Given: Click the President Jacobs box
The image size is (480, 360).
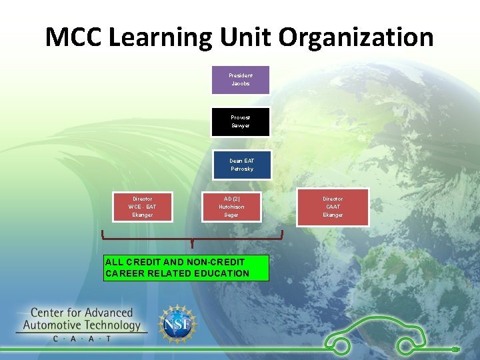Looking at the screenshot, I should pyautogui.click(x=241, y=80).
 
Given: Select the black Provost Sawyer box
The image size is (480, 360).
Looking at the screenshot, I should pyautogui.click(x=241, y=121).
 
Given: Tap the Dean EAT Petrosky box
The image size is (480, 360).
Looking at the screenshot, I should pyautogui.click(x=241, y=165).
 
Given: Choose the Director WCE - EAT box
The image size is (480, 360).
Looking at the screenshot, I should pyautogui.click(x=142, y=207).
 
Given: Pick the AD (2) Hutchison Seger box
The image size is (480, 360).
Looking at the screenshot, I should pyautogui.click(x=231, y=207).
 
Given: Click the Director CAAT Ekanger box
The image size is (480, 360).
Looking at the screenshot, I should pyautogui.click(x=333, y=207).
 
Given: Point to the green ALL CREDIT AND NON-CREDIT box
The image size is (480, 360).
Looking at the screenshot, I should pyautogui.click(x=187, y=268).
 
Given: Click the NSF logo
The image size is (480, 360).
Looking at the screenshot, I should pyautogui.click(x=177, y=324).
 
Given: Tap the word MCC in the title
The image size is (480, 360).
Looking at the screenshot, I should pyautogui.click(x=73, y=37).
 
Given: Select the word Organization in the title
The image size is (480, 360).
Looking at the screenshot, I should pyautogui.click(x=356, y=37).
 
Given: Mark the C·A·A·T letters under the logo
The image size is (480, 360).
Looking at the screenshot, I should pyautogui.click(x=81, y=339).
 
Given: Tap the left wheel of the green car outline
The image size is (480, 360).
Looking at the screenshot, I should pyautogui.click(x=341, y=345).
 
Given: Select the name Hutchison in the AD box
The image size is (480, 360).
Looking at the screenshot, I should pyautogui.click(x=231, y=207).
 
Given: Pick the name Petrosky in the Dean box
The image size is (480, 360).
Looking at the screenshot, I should pyautogui.click(x=241, y=169).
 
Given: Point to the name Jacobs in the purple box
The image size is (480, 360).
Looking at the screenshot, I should pyautogui.click(x=241, y=84).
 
